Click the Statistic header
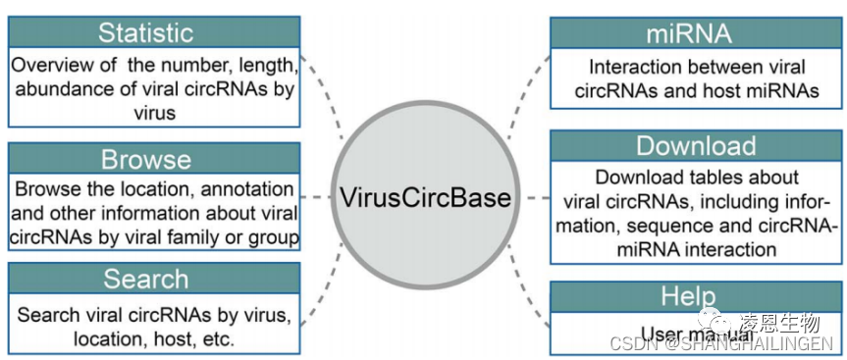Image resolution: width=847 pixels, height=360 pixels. [145, 32]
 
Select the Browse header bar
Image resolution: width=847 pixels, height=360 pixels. [145, 158]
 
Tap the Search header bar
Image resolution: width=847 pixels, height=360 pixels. [145, 280]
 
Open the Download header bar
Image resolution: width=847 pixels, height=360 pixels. [696, 146]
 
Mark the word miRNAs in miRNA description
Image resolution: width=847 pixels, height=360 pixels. [781, 91]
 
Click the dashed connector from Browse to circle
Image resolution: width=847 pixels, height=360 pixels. [317, 197]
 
